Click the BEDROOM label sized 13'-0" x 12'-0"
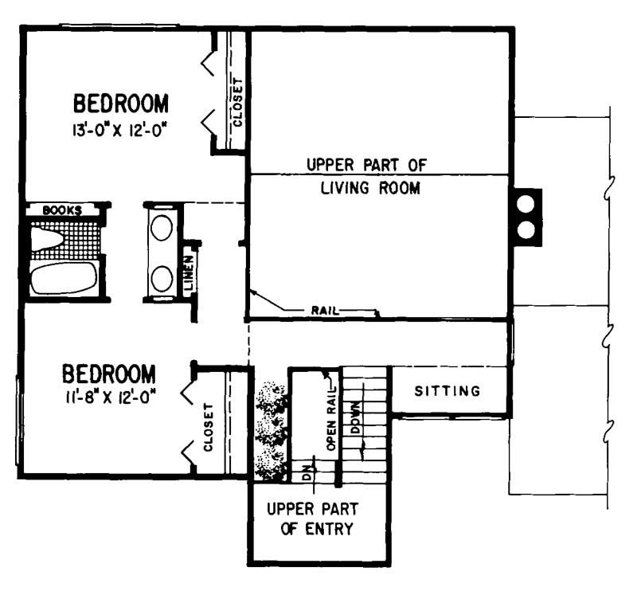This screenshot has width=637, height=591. click(121, 104)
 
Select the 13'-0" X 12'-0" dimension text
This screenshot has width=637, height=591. click(121, 128)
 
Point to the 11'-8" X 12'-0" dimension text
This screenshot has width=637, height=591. click(109, 396)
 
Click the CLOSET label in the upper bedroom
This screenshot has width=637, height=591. click(236, 101)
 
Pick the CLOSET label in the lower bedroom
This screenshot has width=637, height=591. click(209, 428)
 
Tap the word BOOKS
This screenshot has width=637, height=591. click(62, 210)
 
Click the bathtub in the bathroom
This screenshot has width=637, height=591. click(63, 278)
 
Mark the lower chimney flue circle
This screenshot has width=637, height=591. click(526, 230)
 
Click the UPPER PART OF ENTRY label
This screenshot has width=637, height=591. click(312, 519)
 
